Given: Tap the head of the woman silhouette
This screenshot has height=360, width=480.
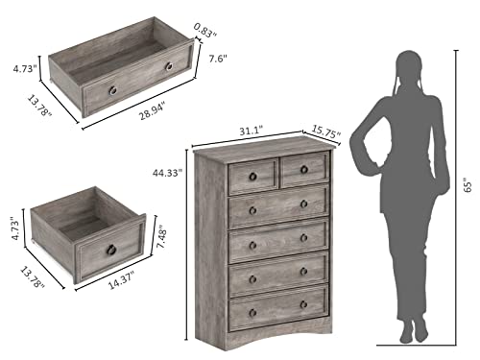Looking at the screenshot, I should pyautogui.click(x=406, y=70).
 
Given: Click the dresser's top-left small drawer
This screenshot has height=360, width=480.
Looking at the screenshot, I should pyautogui.click(x=253, y=175).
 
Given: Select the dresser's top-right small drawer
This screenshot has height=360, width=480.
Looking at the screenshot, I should pyautogui.click(x=304, y=170).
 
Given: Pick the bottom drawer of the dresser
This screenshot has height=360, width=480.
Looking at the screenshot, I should pyautogui.click(x=277, y=308).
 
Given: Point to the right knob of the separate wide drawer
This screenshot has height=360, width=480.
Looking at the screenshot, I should pyautogui.click(x=170, y=67).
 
